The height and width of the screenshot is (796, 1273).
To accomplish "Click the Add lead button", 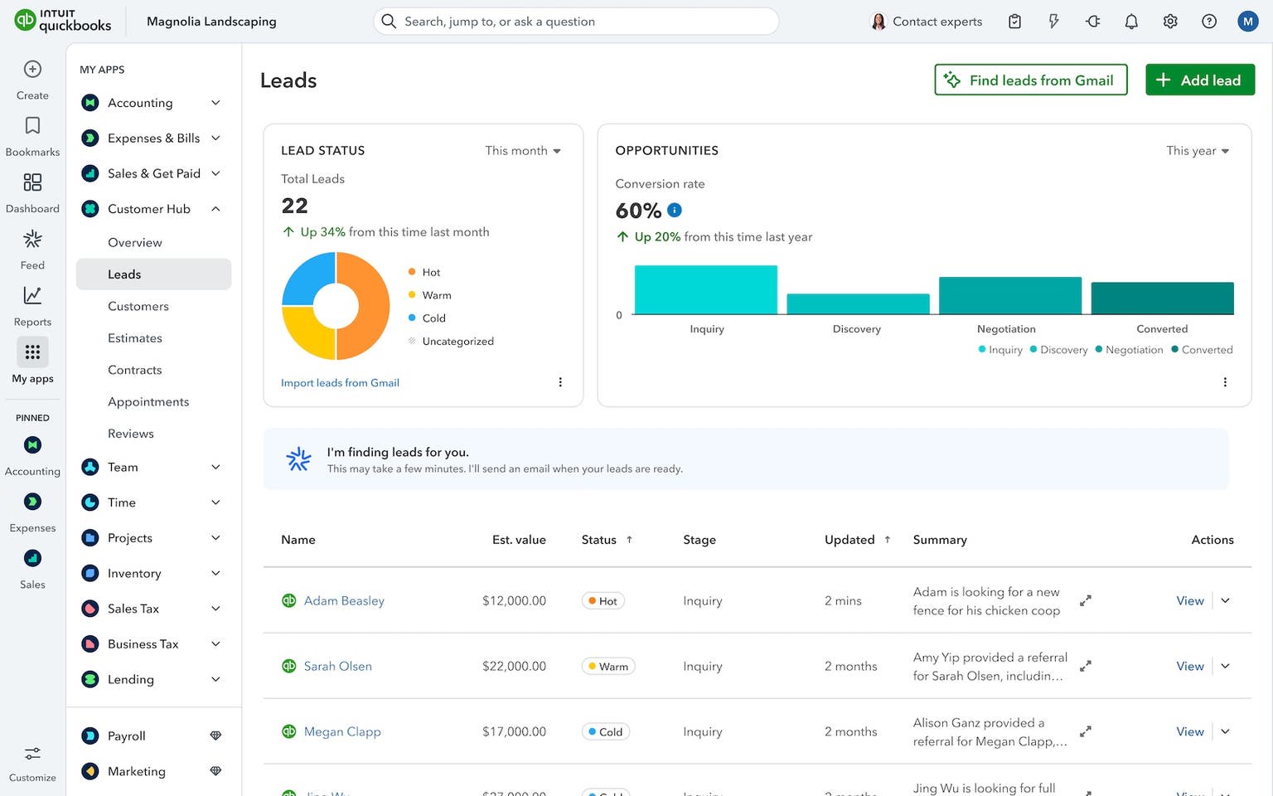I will click(x=1199, y=80).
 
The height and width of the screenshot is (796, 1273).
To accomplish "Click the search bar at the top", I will click(x=576, y=22).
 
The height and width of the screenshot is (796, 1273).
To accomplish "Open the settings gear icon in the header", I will click(x=1170, y=22).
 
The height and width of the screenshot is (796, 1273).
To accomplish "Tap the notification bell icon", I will click(x=1131, y=22).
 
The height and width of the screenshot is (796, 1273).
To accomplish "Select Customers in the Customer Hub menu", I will click(x=138, y=306).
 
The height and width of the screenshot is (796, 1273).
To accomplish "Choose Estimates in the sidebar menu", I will click(x=135, y=338).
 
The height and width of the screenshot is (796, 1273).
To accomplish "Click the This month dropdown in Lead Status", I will click(x=523, y=151).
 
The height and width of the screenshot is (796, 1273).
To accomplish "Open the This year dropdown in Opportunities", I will click(x=1198, y=151).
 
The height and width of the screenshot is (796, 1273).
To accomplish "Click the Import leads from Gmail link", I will click(x=340, y=383).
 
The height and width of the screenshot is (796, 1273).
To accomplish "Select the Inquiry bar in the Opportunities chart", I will click(x=705, y=289).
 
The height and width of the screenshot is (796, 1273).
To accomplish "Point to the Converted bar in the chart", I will click(x=1162, y=298).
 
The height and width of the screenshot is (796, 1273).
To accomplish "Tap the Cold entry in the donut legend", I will click(x=433, y=318).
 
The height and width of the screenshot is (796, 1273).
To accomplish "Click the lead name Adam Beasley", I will click(x=344, y=601).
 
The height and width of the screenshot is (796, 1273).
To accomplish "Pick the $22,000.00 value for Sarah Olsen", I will click(x=514, y=667).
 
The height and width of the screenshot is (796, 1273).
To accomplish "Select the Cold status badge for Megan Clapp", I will click(x=605, y=732).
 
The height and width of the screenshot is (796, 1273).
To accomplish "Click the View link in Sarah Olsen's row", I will click(x=1189, y=667).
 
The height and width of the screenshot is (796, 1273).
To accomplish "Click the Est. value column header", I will click(x=519, y=540).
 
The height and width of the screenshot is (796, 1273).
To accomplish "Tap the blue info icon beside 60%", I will click(x=675, y=211).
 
